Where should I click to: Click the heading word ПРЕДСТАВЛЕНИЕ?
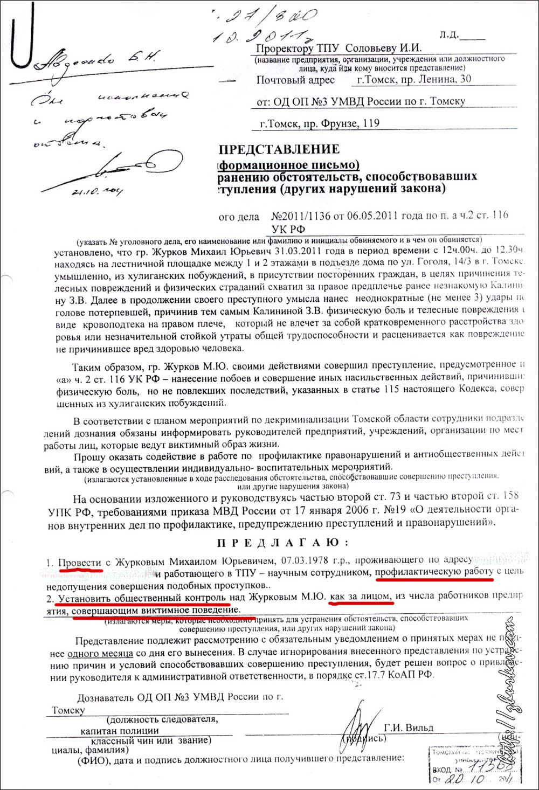(279, 149)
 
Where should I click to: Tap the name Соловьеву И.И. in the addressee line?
(383, 48)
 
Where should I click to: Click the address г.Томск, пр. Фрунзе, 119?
(320, 123)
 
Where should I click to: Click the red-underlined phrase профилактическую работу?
(434, 572)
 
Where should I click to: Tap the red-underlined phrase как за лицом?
(362, 597)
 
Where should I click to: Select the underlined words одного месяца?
(100, 654)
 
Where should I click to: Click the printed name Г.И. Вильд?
(409, 727)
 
